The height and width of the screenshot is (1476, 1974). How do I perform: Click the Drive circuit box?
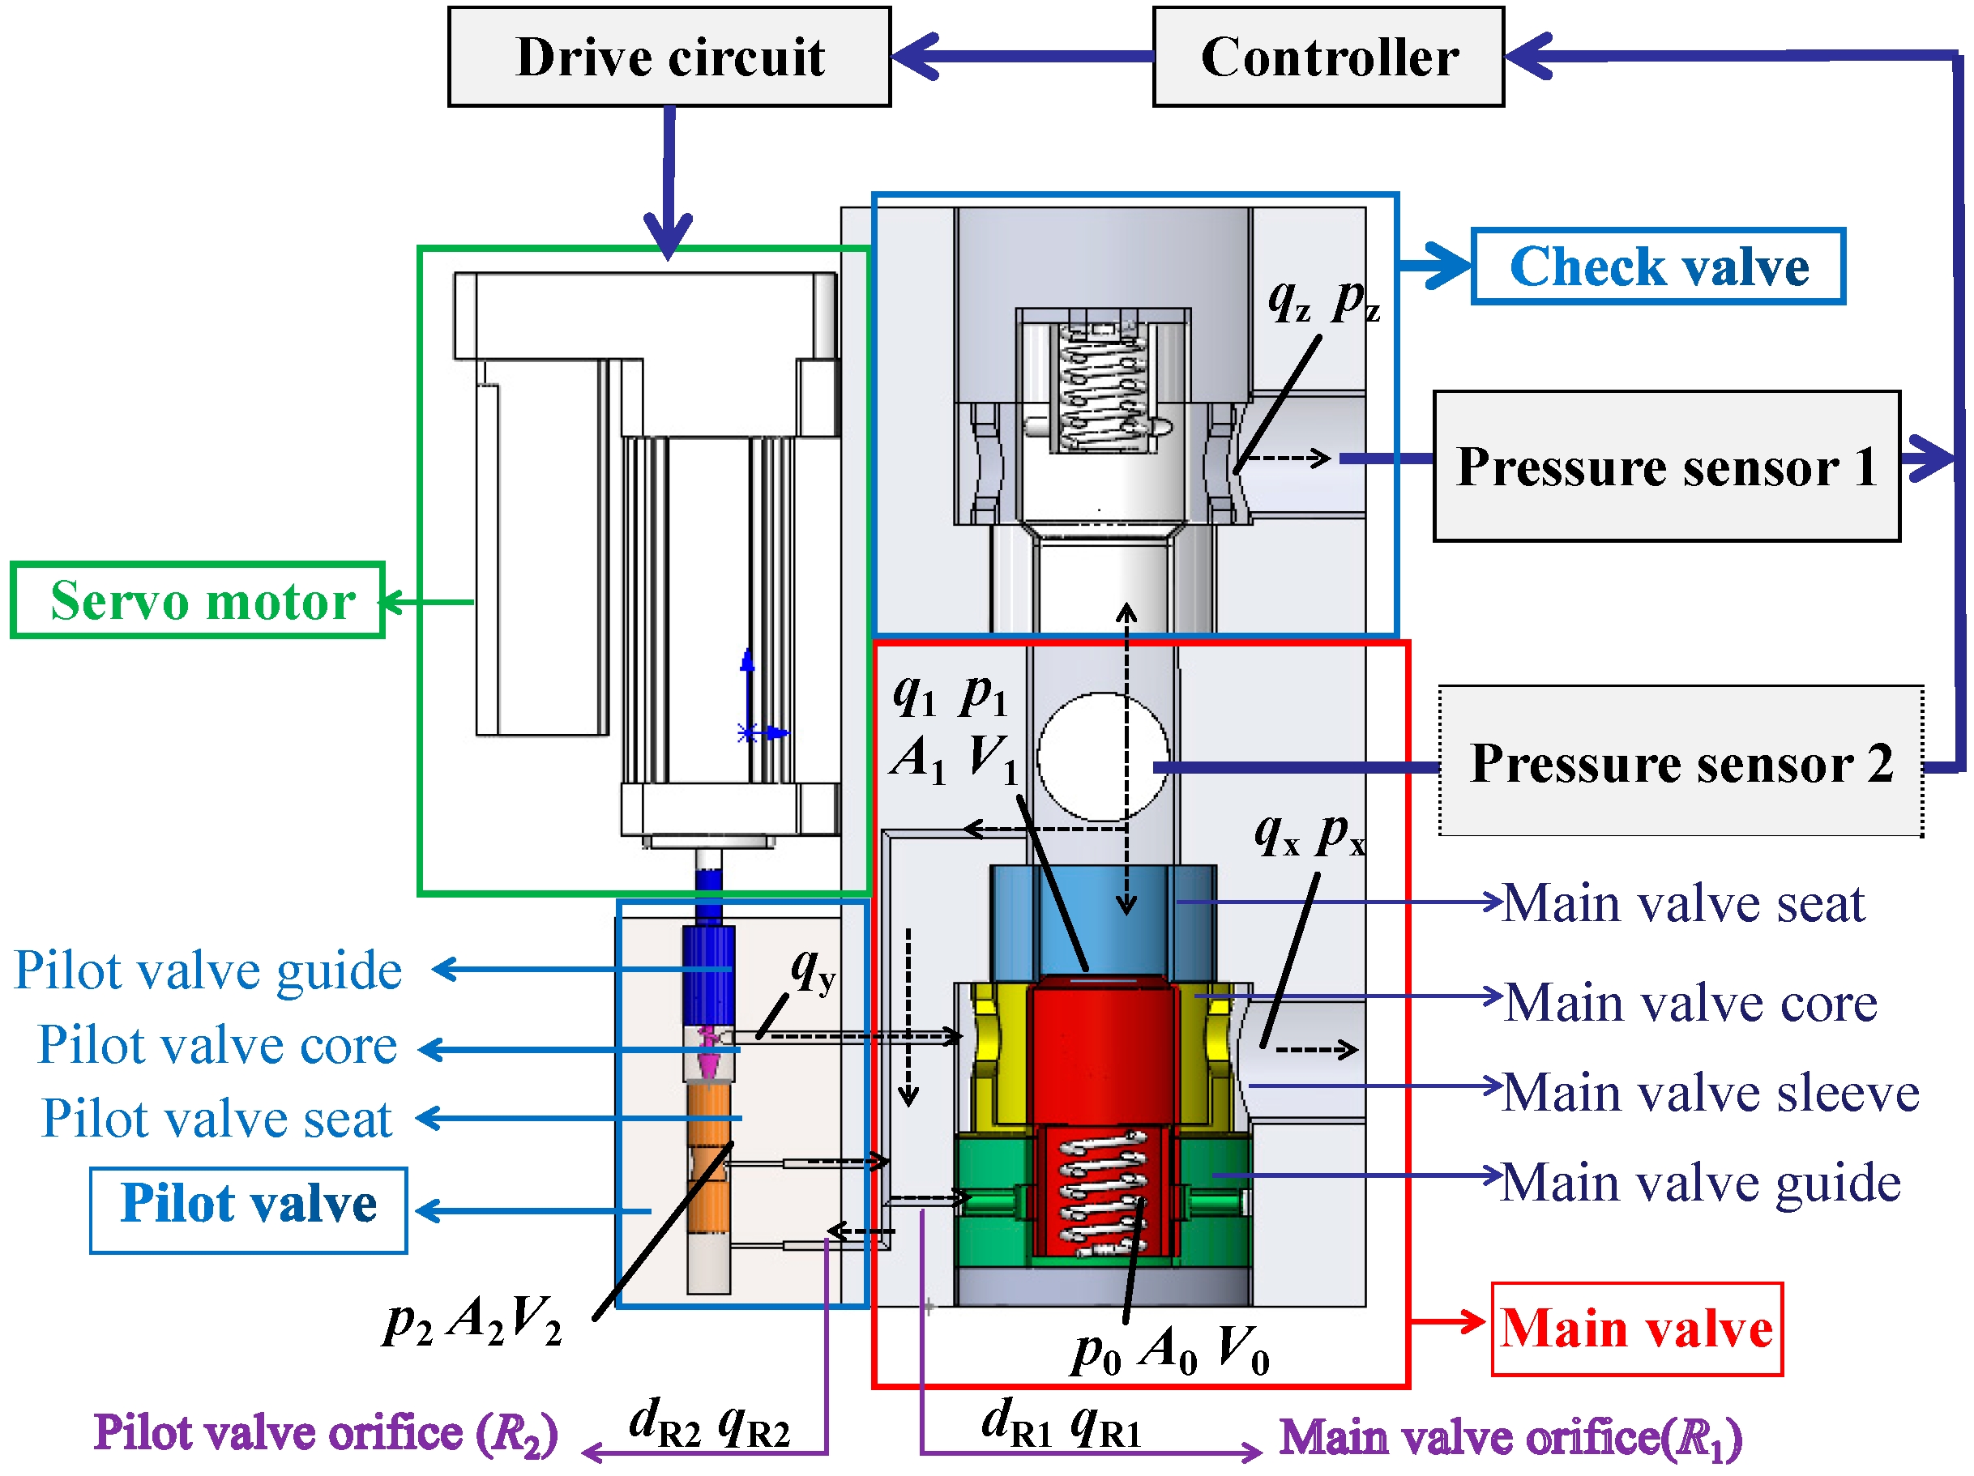[669, 58]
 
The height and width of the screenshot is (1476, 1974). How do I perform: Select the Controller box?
[1328, 58]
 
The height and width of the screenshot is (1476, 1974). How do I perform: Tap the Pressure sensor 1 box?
[1665, 466]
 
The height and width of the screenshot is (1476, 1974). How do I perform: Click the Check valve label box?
[1657, 266]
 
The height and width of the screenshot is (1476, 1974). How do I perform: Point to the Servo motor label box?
[198, 599]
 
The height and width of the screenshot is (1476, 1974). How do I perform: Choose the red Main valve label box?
[1636, 1328]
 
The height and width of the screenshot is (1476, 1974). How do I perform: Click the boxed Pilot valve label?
[248, 1209]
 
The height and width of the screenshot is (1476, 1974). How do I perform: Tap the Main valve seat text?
[1683, 903]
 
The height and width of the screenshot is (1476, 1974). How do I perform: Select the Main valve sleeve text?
[1710, 1092]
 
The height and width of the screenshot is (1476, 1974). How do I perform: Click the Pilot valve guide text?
[208, 970]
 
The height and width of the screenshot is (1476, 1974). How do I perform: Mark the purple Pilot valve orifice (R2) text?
[326, 1433]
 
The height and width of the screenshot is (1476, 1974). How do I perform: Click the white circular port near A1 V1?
[1102, 756]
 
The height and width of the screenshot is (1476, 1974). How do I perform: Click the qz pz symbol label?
[1323, 301]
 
